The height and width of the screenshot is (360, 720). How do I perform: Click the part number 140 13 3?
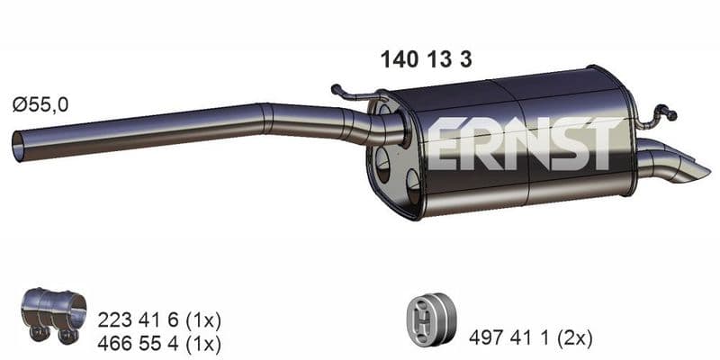pyautogui.click(x=426, y=59)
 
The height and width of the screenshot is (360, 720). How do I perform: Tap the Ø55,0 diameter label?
pyautogui.click(x=40, y=105)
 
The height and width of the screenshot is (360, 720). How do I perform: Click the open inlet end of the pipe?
pyautogui.click(x=17, y=147)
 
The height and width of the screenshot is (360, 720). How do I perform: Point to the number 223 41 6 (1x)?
pyautogui.click(x=159, y=320)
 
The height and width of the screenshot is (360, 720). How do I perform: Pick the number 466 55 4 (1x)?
pyautogui.click(x=159, y=343)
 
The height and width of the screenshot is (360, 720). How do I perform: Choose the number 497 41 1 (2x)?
pyautogui.click(x=530, y=338)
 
